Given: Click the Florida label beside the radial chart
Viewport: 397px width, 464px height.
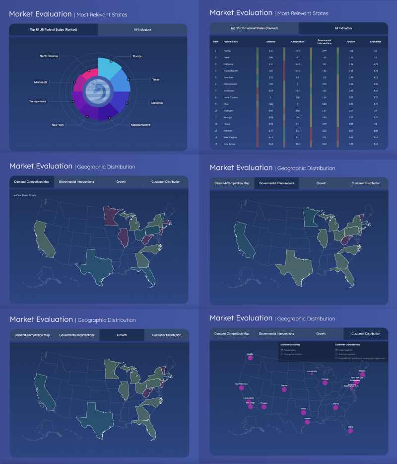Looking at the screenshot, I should (137, 56).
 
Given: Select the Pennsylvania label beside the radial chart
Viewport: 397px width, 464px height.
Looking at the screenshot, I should (38, 101).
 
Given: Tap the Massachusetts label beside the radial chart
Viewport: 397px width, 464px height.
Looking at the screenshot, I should (140, 124).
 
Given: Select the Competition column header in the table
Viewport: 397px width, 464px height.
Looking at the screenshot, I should (298, 42).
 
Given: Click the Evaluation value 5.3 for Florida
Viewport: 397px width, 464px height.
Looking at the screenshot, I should (375, 51).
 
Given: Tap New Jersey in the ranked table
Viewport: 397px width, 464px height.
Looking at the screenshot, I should (230, 144).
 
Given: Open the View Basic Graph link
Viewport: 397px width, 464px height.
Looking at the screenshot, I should (25, 195).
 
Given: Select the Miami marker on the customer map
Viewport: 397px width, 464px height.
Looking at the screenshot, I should (350, 431).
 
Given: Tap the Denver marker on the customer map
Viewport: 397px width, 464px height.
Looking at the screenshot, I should (284, 389).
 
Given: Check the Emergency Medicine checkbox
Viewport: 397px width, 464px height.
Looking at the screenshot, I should (281, 354).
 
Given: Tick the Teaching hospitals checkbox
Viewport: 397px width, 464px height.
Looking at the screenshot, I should (336, 354).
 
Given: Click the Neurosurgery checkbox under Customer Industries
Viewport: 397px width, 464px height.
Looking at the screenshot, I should (281, 350).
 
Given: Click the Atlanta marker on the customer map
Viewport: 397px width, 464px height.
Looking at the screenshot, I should (336, 408).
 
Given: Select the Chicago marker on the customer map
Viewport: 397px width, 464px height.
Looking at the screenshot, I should (325, 383).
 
